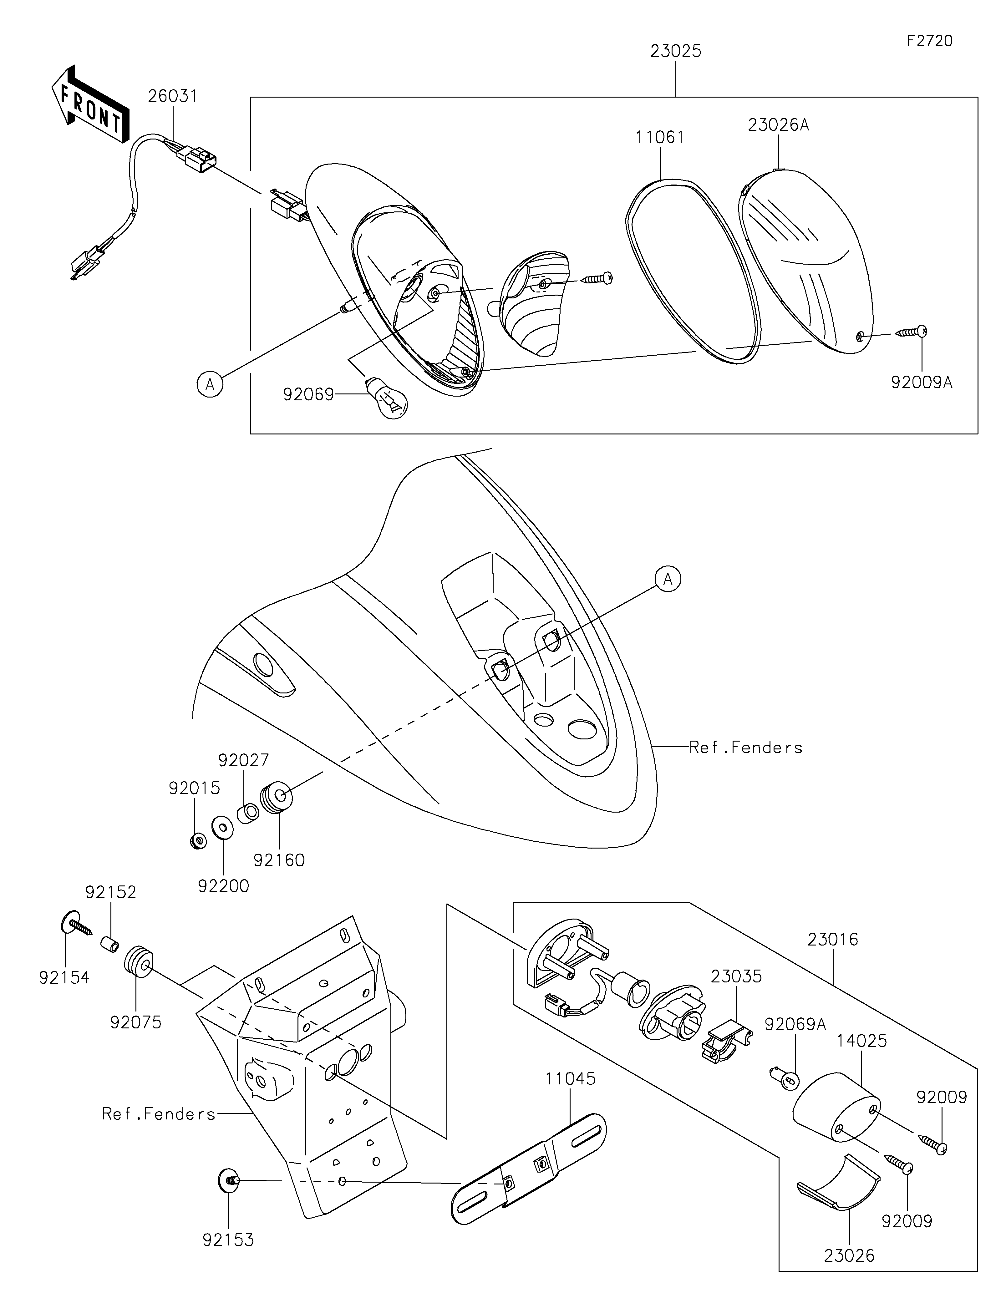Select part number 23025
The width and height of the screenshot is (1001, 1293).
pyautogui.click(x=675, y=52)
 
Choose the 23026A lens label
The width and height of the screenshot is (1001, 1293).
pyautogui.click(x=778, y=125)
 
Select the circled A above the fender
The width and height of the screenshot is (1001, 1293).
pyautogui.click(x=668, y=579)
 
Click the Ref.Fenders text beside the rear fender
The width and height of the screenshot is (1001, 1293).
pyautogui.click(x=746, y=748)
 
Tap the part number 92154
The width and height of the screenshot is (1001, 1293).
pyautogui.click(x=64, y=977)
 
